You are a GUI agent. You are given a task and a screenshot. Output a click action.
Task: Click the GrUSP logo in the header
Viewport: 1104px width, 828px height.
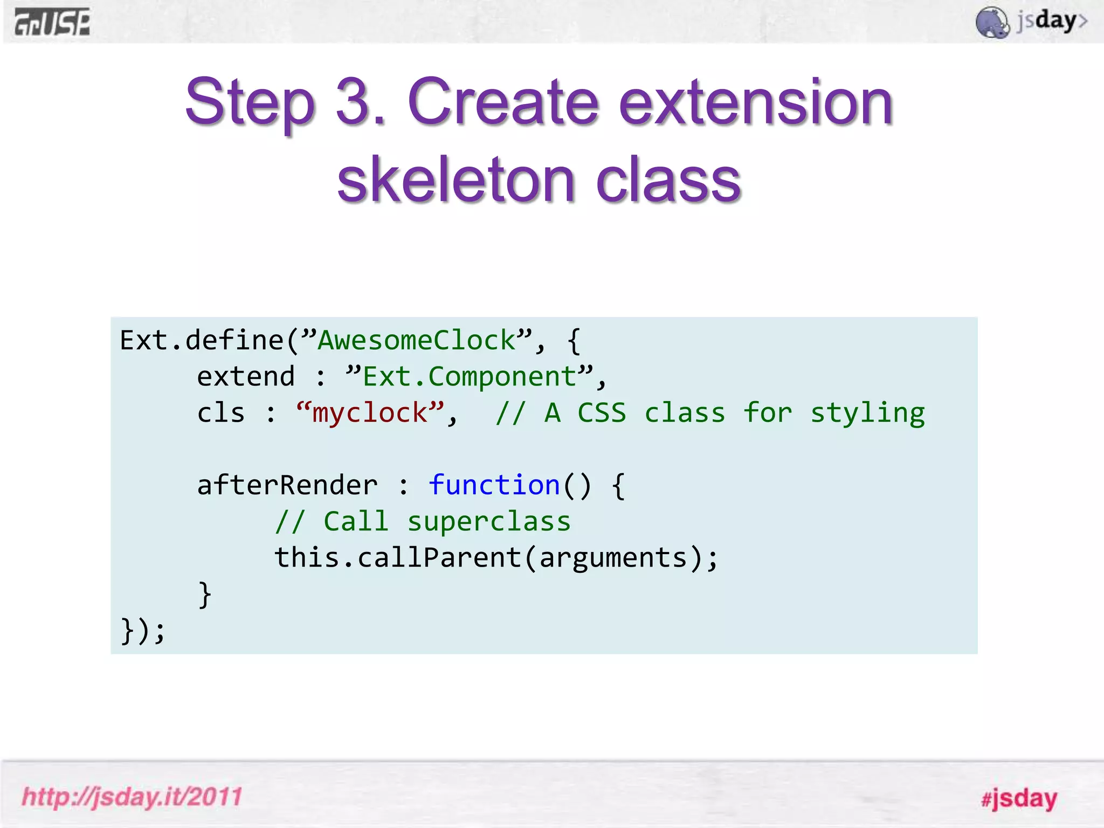click(x=52, y=23)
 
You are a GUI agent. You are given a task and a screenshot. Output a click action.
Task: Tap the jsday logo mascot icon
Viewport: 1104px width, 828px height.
click(x=992, y=23)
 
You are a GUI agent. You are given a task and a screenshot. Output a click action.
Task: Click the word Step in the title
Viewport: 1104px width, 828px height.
click(x=250, y=102)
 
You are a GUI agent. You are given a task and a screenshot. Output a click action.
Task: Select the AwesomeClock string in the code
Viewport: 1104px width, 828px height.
click(x=417, y=341)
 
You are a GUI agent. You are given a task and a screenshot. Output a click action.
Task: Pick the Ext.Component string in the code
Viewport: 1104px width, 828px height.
click(x=470, y=377)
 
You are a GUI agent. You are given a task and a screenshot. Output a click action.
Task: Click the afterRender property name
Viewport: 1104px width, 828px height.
click(x=287, y=485)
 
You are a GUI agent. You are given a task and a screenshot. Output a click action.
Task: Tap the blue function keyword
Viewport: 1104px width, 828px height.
click(x=494, y=485)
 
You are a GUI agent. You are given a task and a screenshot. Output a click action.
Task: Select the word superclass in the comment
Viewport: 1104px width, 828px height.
click(x=488, y=522)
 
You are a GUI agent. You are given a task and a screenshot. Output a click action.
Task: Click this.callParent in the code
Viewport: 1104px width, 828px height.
click(x=398, y=557)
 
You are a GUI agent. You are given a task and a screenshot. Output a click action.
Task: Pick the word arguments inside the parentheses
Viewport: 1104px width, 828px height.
click(x=613, y=558)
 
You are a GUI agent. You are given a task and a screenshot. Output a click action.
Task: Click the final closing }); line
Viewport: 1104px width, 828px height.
click(x=142, y=631)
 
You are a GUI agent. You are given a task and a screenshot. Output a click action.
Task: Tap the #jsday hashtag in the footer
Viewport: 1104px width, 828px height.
click(x=1019, y=798)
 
